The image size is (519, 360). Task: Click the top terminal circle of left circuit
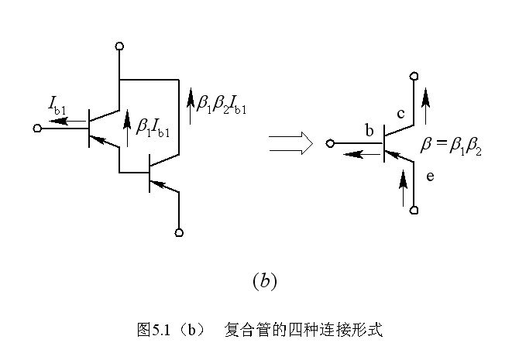120,46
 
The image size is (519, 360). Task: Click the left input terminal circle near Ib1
37,129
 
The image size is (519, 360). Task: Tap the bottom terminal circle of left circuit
180,231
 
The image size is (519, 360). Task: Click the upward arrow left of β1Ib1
127,126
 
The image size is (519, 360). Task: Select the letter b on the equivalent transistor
369,131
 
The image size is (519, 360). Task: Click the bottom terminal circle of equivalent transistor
415,210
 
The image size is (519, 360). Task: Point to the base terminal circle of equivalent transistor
331,142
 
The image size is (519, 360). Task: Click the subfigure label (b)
264,281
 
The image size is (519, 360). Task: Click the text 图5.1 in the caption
153,329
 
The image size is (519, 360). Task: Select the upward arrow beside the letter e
403,187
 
